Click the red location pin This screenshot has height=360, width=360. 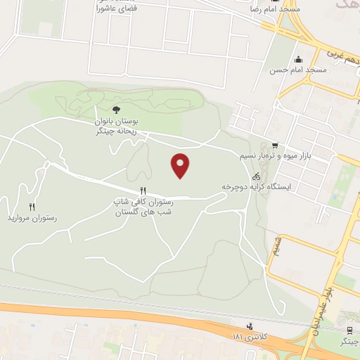[181, 165]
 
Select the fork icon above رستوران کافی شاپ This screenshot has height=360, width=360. [143, 190]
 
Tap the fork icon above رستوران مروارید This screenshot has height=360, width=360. [32, 207]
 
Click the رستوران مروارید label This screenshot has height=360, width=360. [31, 219]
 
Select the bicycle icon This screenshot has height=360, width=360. [257, 176]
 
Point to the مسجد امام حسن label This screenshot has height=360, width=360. [298, 71]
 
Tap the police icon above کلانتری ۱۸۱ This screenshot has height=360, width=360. [249, 327]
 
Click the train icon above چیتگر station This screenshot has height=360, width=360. [349, 330]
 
